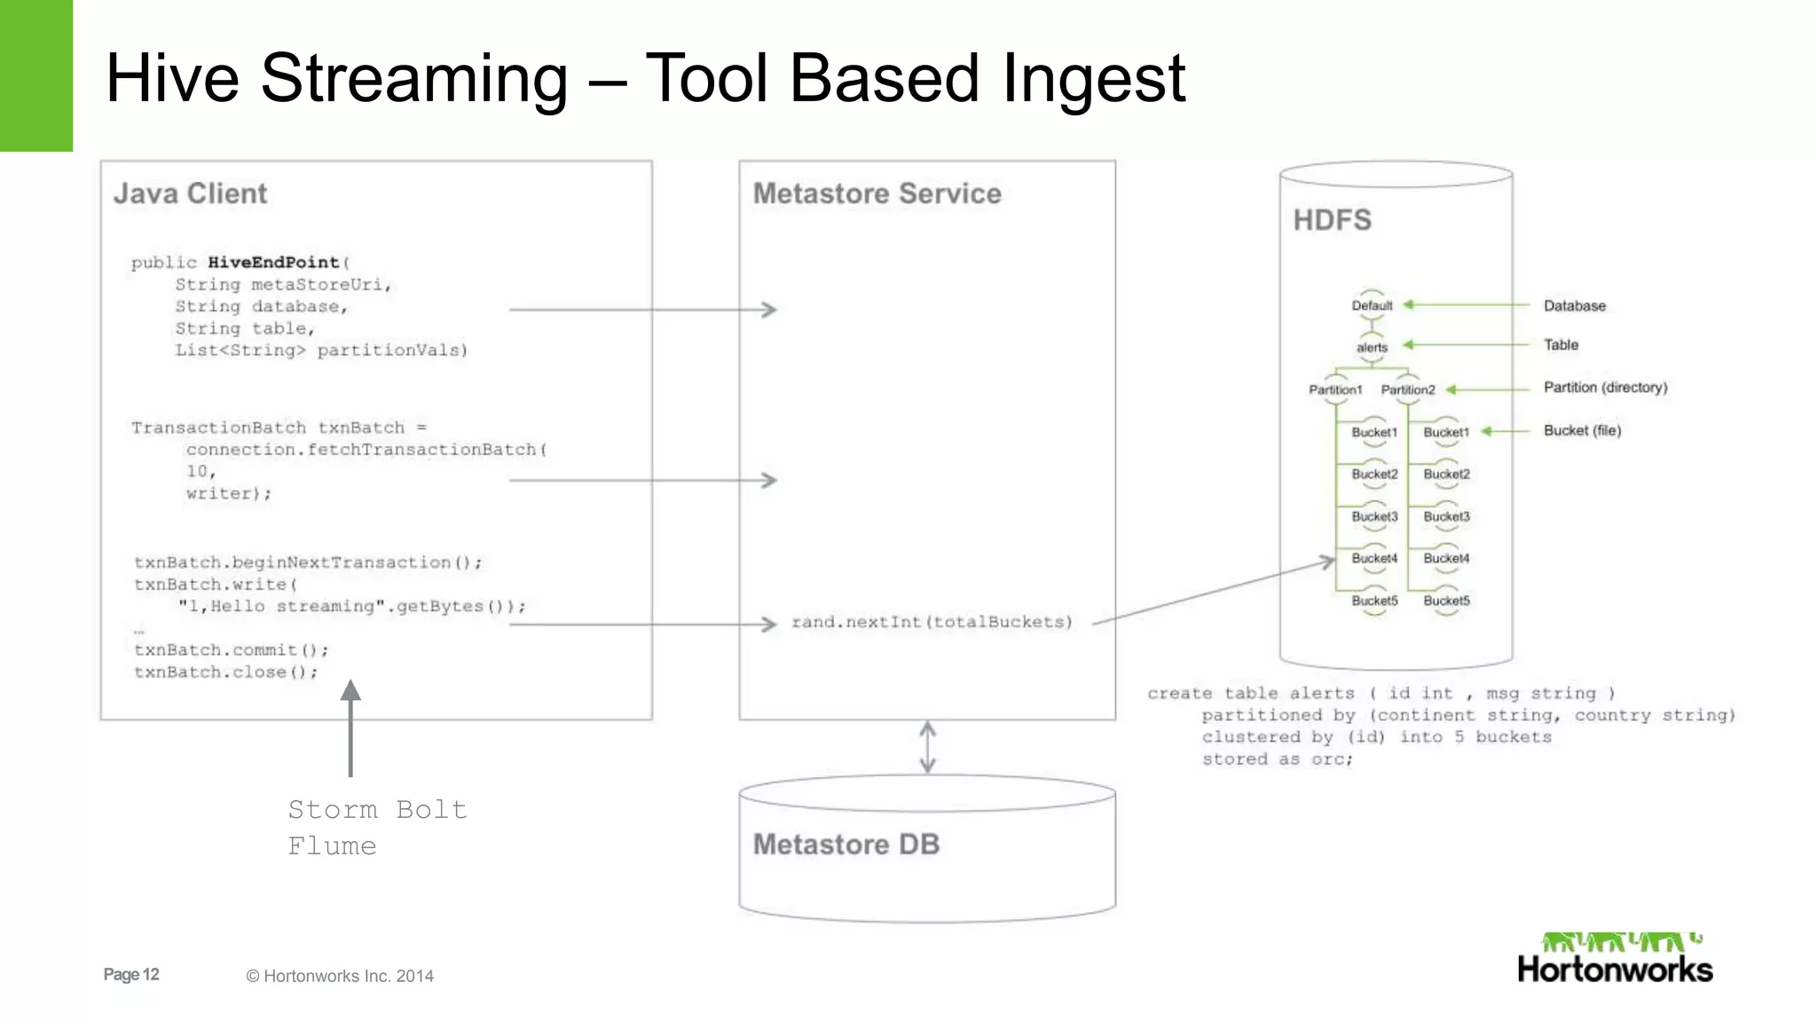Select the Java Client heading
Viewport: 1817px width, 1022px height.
tap(190, 193)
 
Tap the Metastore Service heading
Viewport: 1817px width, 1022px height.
tap(877, 193)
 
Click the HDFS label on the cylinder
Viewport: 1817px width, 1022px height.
tap(1332, 220)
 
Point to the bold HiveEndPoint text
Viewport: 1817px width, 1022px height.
tap(273, 263)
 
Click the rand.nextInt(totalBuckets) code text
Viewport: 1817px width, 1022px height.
tap(932, 623)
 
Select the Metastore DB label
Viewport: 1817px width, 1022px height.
tap(846, 845)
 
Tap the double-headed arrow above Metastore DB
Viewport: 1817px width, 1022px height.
tap(927, 747)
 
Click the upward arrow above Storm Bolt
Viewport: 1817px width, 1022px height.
tap(350, 727)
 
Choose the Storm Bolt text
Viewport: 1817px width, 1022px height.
tap(377, 810)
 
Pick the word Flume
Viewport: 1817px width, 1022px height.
tap(332, 846)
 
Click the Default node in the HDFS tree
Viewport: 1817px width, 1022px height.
tap(1372, 306)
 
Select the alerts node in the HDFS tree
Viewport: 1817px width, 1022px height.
tap(1372, 348)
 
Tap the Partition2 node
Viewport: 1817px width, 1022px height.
tap(1407, 390)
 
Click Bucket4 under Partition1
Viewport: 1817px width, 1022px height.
tap(1374, 559)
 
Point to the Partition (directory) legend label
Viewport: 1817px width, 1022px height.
tap(1605, 388)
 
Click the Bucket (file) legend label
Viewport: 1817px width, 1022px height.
tap(1582, 430)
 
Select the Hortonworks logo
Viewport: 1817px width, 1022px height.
tap(1615, 958)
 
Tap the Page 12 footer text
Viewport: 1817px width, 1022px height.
tap(131, 975)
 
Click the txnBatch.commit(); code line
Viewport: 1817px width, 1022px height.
tap(231, 650)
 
